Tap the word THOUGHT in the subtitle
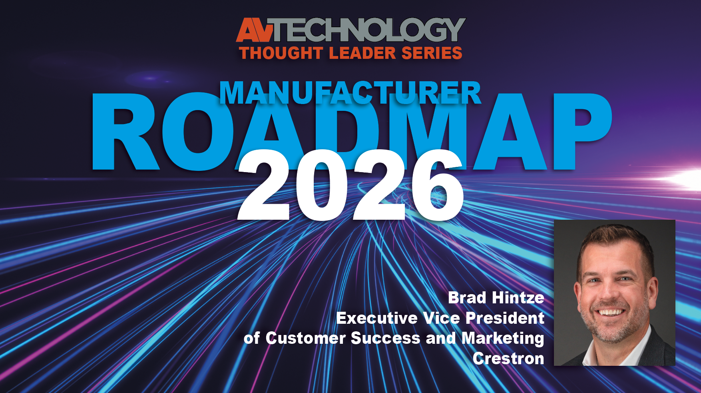tap(281, 53)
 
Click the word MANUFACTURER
tap(350, 93)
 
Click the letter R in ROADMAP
tap(124, 132)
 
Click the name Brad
tap(467, 298)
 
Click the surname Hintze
tap(518, 298)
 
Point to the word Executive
tap(377, 318)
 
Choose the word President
tap(505, 318)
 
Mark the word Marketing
tap(503, 339)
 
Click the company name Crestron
tap(508, 359)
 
